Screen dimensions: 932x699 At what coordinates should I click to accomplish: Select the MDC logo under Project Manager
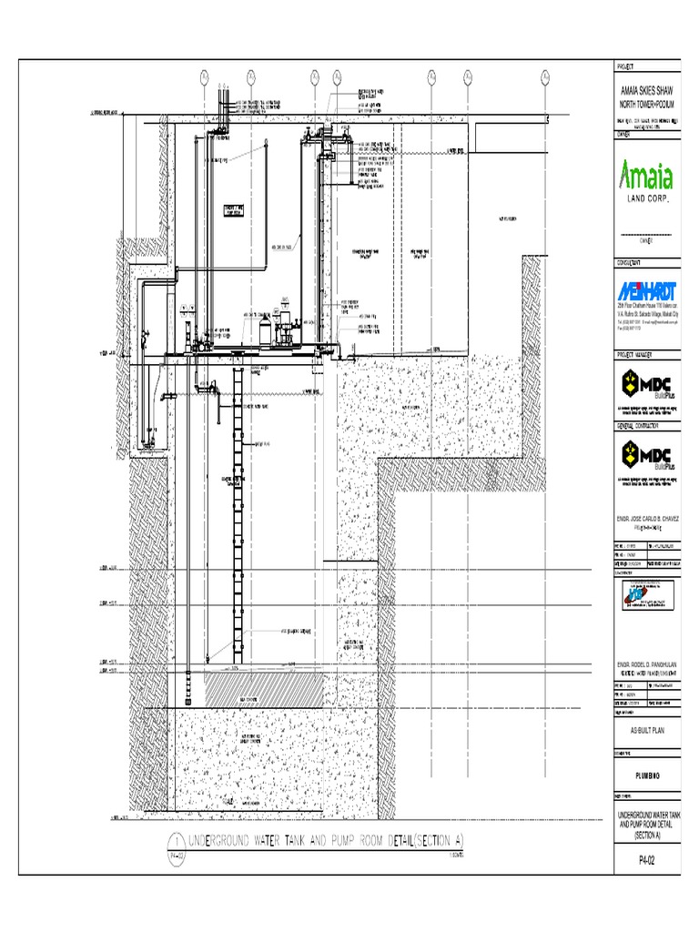pos(649,381)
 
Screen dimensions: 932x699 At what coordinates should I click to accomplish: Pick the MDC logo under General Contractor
pos(649,454)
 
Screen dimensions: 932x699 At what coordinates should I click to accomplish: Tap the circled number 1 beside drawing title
pos(173,838)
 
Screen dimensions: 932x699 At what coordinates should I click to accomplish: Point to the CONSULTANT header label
pos(632,262)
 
